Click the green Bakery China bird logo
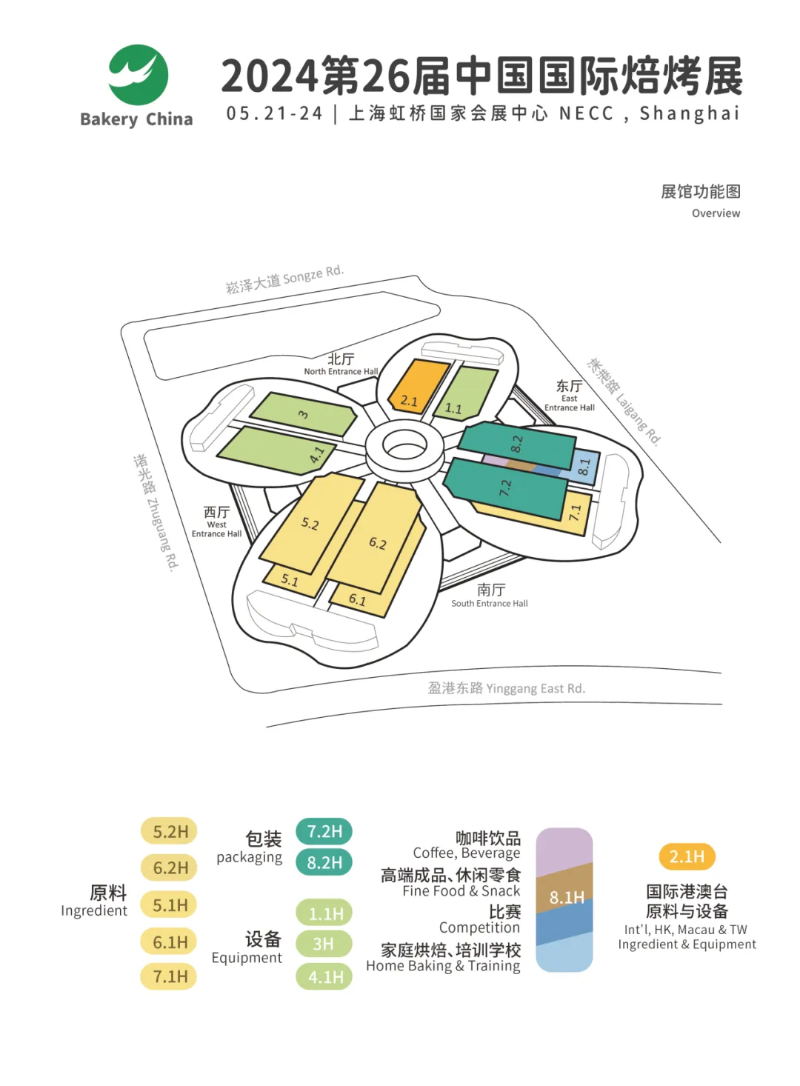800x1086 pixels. click(x=139, y=75)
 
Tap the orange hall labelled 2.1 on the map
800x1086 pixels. click(x=418, y=385)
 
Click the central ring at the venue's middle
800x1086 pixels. click(x=404, y=446)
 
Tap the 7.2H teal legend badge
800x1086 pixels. click(x=324, y=831)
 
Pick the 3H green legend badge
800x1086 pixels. click(x=324, y=944)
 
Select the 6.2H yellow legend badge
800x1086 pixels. click(x=169, y=867)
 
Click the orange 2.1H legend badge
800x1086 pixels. click(x=687, y=856)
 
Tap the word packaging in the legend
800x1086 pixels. click(x=249, y=857)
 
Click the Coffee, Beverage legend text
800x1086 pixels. click(x=467, y=853)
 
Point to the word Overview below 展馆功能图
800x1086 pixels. click(x=716, y=213)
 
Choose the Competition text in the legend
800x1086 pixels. click(x=479, y=928)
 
